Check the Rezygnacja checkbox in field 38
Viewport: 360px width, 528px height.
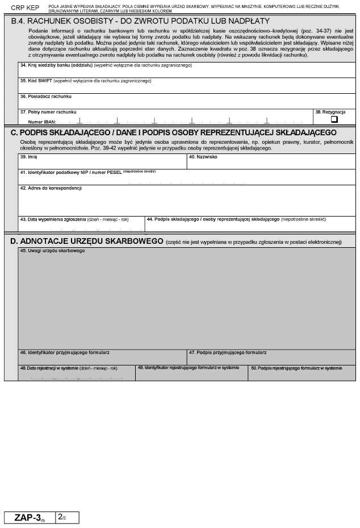[x=334, y=119]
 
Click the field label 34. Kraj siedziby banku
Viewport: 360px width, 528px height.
[x=54, y=65]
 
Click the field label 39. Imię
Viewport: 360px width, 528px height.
[x=28, y=157]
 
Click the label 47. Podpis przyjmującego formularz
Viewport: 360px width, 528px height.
[x=228, y=352]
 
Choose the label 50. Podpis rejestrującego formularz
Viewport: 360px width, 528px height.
[x=296, y=368]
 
